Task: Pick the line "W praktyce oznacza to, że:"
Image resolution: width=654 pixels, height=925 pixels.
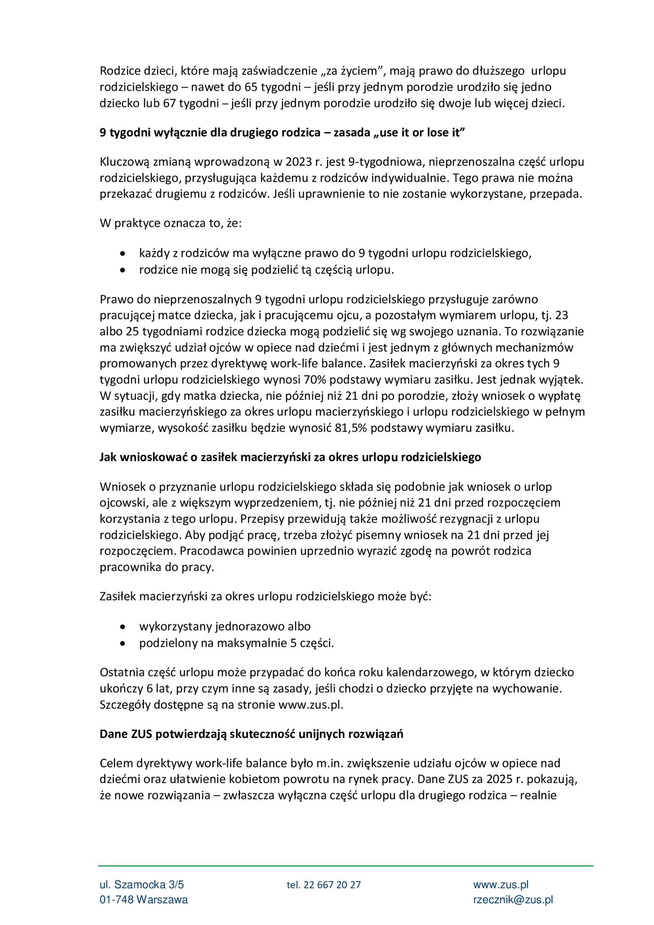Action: point(171,224)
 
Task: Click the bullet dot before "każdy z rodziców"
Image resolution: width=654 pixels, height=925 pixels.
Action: point(122,254)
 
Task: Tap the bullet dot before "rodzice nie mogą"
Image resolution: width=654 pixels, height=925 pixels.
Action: point(122,271)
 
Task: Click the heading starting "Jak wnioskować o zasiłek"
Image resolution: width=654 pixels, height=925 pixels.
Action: point(290,457)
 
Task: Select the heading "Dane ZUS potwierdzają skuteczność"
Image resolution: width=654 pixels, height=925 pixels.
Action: point(251,734)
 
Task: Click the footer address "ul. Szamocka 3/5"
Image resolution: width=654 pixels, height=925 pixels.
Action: point(142,884)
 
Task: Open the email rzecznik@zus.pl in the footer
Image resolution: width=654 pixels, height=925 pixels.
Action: point(513,900)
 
